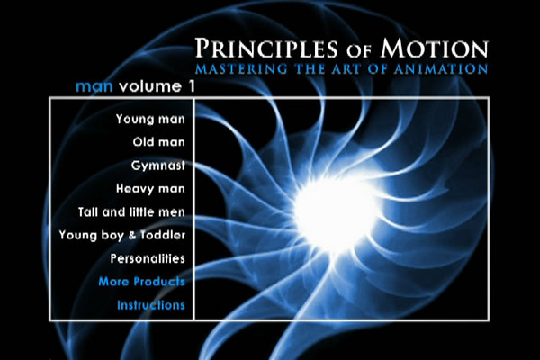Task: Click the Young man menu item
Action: click(x=150, y=120)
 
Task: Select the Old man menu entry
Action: click(x=159, y=142)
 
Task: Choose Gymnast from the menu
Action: click(x=158, y=166)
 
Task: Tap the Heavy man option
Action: click(x=150, y=188)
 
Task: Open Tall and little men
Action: click(x=131, y=211)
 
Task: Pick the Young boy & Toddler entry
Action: click(x=122, y=235)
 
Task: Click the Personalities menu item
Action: click(x=148, y=258)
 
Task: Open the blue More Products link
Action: click(x=142, y=282)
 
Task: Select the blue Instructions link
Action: click(x=151, y=305)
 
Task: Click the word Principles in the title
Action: click(x=266, y=48)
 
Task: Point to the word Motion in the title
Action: click(x=435, y=48)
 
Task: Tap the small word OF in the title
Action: click(x=359, y=50)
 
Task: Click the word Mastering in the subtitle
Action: click(x=241, y=68)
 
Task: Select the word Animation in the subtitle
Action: click(x=441, y=68)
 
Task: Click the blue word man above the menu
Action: click(x=94, y=86)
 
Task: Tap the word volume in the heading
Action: click(x=150, y=86)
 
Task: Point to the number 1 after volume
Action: click(x=192, y=86)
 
